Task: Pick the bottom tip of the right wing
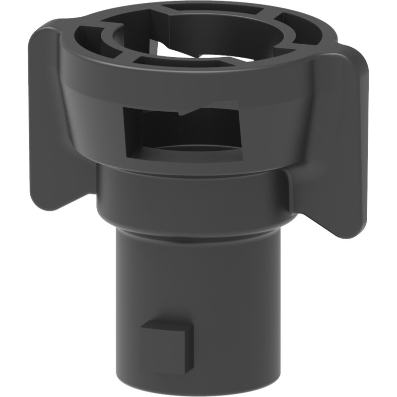pyautogui.click(x=347, y=233)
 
